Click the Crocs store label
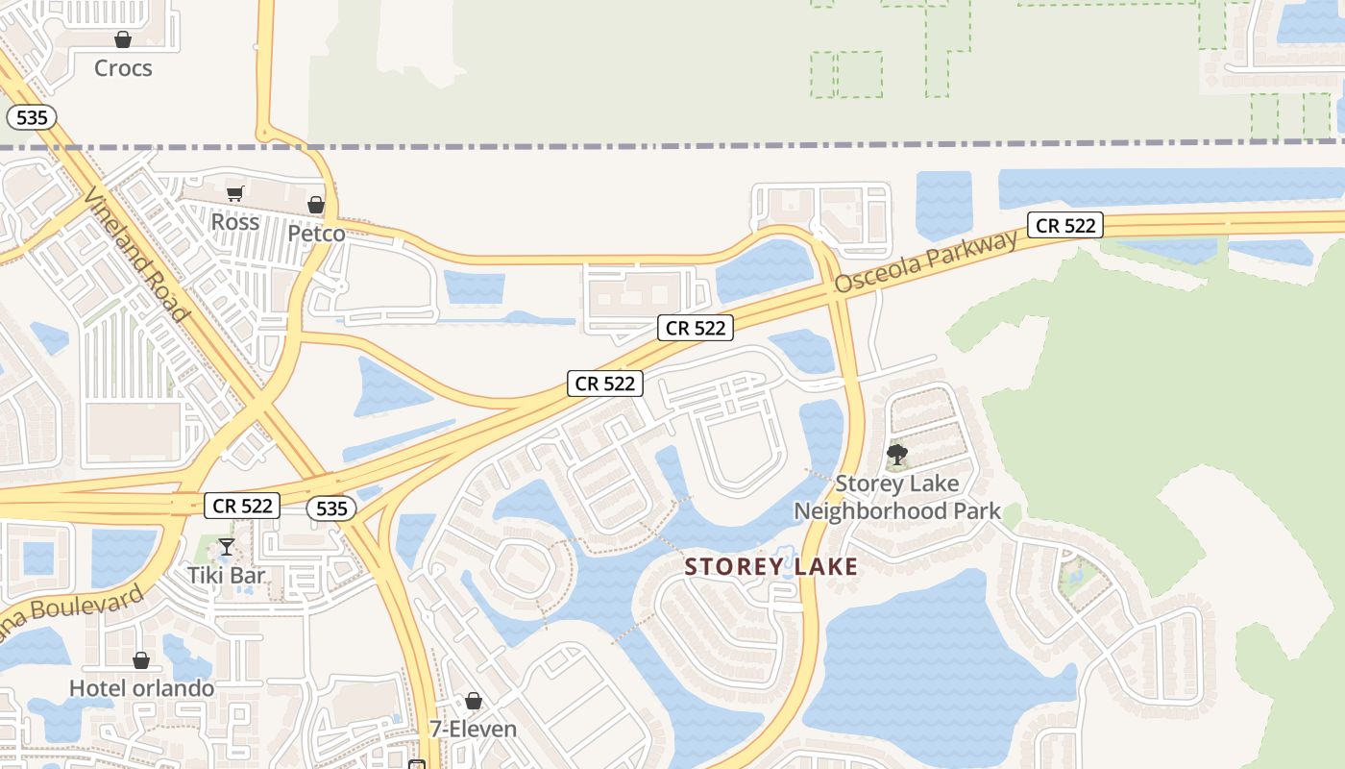[x=123, y=68]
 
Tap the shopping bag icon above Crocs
[x=123, y=39]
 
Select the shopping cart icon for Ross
[x=235, y=193]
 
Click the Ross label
[x=235, y=222]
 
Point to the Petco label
[x=316, y=234]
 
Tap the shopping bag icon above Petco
[x=316, y=205]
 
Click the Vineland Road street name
[x=136, y=254]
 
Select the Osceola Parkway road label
[x=925, y=261]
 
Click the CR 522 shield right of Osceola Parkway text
[x=1064, y=226]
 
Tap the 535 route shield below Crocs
[x=32, y=118]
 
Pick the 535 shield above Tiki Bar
[x=331, y=509]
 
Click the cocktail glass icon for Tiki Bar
[x=227, y=547]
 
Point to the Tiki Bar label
[x=227, y=576]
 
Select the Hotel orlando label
[x=141, y=688]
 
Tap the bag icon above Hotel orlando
[x=141, y=660]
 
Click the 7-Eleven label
[x=473, y=729]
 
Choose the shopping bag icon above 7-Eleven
[x=473, y=701]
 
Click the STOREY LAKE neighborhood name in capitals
[x=771, y=567]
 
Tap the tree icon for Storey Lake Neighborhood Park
[x=897, y=454]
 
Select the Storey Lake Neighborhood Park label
[x=897, y=497]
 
